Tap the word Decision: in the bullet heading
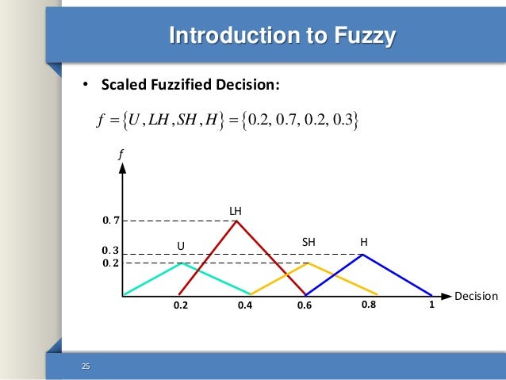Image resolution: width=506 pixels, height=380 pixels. [x=250, y=85]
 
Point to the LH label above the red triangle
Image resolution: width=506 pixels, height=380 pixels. [x=236, y=211]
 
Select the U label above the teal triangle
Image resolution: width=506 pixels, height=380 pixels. [x=180, y=245]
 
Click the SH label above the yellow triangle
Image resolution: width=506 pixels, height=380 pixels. [x=309, y=241]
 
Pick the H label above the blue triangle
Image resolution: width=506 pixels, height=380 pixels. [x=363, y=241]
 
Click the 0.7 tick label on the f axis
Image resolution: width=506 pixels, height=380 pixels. [x=109, y=220]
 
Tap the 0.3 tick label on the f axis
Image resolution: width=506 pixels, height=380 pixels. [x=109, y=250]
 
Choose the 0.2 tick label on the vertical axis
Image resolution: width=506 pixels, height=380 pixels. [x=109, y=263]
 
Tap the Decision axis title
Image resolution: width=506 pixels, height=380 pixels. [x=476, y=297]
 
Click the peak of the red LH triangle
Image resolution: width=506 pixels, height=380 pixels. [x=236, y=221]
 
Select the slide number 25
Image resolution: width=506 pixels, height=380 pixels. [x=86, y=366]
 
